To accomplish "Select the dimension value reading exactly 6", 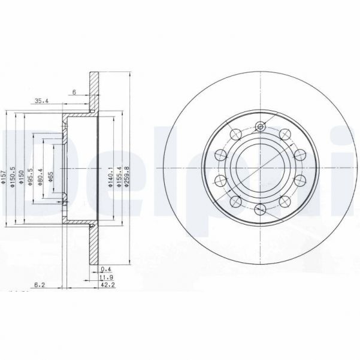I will [74, 92].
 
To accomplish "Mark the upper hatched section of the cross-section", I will [95, 90].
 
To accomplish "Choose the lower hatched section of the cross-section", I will [95, 246].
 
